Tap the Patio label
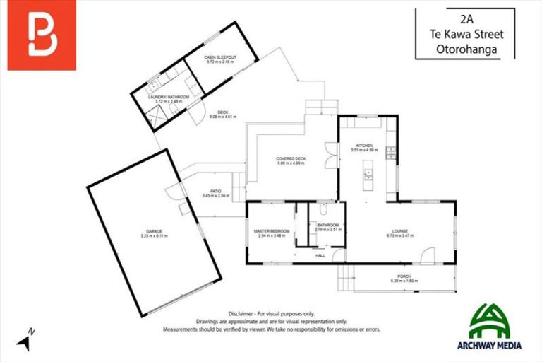212,190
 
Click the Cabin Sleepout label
219,57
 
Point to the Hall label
320,255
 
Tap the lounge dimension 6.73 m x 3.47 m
397,235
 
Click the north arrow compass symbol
25,341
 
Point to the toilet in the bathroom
323,211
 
